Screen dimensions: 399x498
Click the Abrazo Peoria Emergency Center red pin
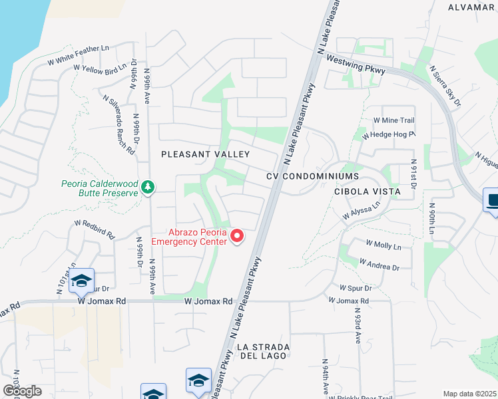[236, 236]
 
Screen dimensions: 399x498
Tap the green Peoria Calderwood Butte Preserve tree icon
[148, 188]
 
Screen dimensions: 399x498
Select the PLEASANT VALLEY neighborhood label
[206, 154]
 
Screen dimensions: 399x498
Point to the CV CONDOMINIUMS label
[312, 176]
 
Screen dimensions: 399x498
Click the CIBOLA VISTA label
[368, 192]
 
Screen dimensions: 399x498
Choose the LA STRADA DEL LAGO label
[262, 352]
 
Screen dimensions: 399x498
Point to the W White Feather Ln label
[78, 55]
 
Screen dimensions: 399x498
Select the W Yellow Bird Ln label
[100, 68]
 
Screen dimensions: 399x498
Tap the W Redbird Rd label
[95, 229]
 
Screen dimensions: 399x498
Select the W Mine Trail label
[394, 120]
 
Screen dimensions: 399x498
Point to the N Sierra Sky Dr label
[445, 85]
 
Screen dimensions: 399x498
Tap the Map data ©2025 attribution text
[469, 394]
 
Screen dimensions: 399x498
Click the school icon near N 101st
[81, 281]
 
